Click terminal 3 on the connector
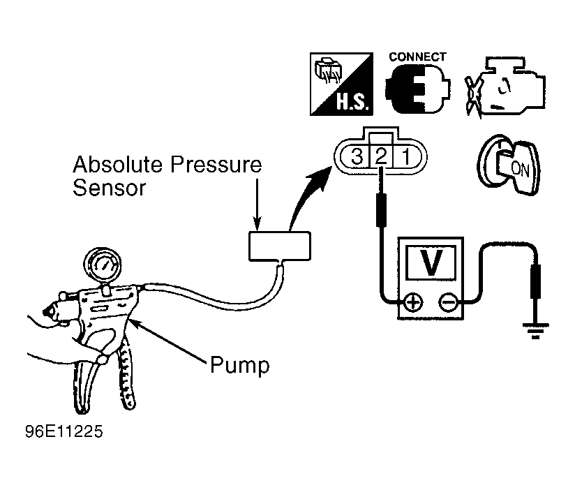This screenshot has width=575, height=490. pos(357,156)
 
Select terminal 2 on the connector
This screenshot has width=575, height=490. pos(382,156)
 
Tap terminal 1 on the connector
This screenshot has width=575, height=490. pos(406,156)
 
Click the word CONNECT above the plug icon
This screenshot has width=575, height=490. pos(417,57)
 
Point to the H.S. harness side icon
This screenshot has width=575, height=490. pos(341,84)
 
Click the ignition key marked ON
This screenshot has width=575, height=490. pos(509,165)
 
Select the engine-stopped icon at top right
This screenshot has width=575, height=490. pos(505,87)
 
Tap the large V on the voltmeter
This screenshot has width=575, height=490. pos(431,262)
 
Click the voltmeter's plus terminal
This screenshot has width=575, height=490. pos(413,302)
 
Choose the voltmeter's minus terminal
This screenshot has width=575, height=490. pos(448,302)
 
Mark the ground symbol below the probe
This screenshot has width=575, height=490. pos(535,330)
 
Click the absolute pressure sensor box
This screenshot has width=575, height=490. pos(280,246)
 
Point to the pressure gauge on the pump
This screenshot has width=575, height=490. pos(103,265)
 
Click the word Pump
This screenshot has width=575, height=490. pos(240,365)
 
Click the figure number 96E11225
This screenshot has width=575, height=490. pos(64,431)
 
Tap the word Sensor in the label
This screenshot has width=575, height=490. pos(109,188)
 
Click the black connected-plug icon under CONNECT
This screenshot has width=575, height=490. pos(417,89)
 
